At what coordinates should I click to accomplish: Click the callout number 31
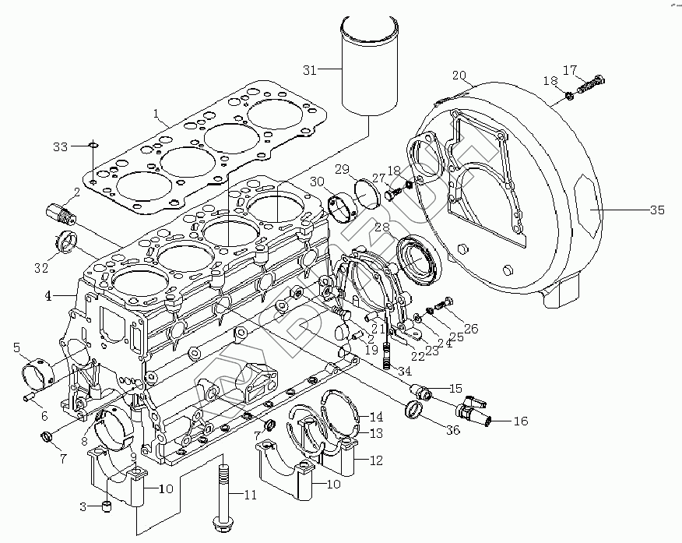pos(310,70)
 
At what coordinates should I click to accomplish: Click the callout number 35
pos(657,210)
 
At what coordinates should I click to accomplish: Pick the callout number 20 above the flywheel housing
pos(459,76)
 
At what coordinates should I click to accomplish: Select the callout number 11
pos(249,495)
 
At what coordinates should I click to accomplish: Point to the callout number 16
pos(520,421)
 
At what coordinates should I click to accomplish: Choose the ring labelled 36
pos(415,408)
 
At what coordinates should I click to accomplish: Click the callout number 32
pos(40,269)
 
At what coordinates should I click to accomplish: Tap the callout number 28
pos(381,228)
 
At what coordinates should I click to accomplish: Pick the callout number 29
pos(341,170)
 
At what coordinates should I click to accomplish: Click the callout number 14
pos(376,416)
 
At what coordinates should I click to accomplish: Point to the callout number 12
pos(376,460)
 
